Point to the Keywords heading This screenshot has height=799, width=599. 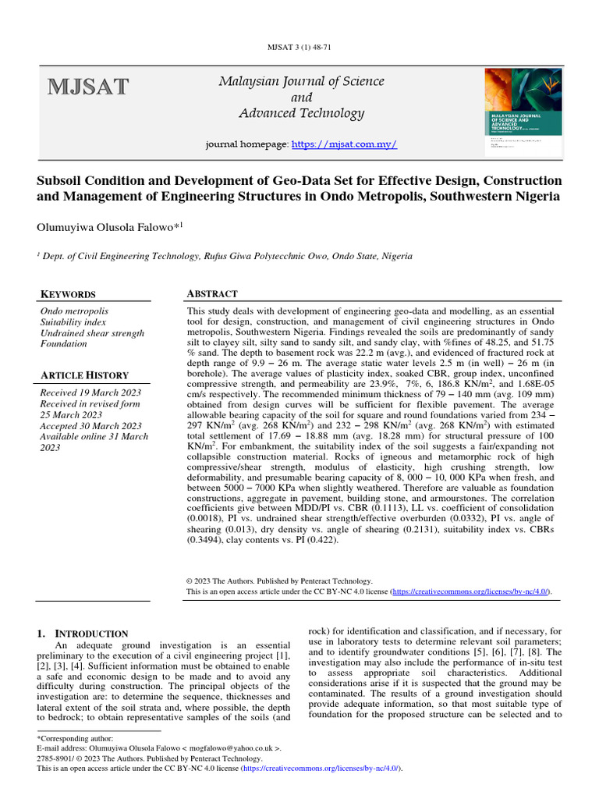click(68, 294)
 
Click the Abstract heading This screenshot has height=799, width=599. click(212, 293)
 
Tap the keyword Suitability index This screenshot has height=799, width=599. click(78, 321)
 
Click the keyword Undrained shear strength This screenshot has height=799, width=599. click(92, 333)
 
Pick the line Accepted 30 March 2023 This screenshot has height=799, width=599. click(90, 426)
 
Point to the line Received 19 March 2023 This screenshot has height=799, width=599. click(91, 392)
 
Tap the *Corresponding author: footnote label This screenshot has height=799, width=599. click(75, 737)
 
